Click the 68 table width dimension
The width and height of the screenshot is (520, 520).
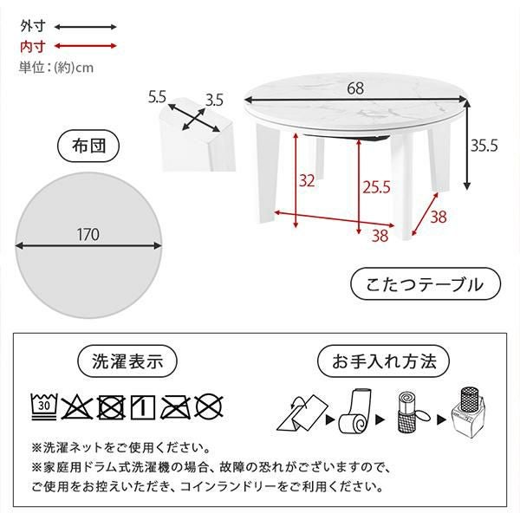pyautogui.click(x=355, y=88)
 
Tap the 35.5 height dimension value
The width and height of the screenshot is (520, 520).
pyautogui.click(x=484, y=146)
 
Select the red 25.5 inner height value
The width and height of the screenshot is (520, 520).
pyautogui.click(x=376, y=187)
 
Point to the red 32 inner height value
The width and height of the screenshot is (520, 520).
pyautogui.click(x=307, y=181)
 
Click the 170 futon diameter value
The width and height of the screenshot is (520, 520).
pyautogui.click(x=88, y=235)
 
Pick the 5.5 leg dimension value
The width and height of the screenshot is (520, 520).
pyautogui.click(x=157, y=97)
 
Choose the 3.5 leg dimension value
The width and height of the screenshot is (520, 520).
pyautogui.click(x=215, y=101)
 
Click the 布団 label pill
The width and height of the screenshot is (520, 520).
pyautogui.click(x=88, y=146)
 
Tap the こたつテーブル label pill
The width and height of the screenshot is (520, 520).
pyautogui.click(x=426, y=284)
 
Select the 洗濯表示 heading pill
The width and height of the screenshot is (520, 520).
pyautogui.click(x=127, y=361)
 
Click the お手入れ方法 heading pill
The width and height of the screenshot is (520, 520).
pyautogui.click(x=384, y=361)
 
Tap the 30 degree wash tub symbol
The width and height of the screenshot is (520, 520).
pyautogui.click(x=44, y=406)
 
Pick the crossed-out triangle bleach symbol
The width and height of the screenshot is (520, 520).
pyautogui.click(x=77, y=407)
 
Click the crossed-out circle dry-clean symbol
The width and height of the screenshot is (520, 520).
pyautogui.click(x=209, y=407)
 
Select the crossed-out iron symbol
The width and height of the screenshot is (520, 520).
pyautogui.click(x=176, y=407)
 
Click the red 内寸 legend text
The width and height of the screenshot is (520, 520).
pyautogui.click(x=33, y=46)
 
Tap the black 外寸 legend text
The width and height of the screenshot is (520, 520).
pyautogui.click(x=33, y=26)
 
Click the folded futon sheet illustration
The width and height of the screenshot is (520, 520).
pyautogui.click(x=302, y=413)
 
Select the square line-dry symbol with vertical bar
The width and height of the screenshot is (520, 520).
pyautogui.click(x=143, y=407)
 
